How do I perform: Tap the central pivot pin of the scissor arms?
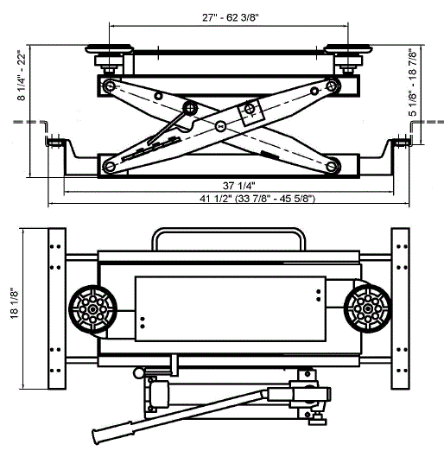click(x=221, y=126)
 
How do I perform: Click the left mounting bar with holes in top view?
click(x=57, y=308)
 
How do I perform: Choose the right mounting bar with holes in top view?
click(x=401, y=308)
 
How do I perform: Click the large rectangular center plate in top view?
click(x=230, y=308)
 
